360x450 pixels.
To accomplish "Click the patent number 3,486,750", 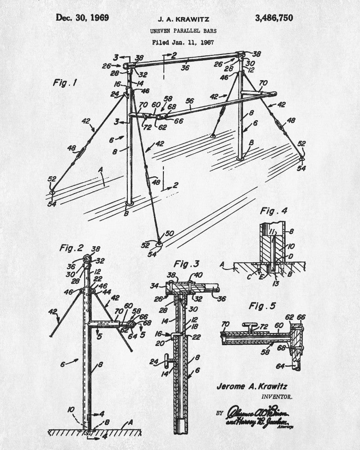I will pos(274,18).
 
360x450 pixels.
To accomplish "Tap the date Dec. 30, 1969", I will pos(82,18).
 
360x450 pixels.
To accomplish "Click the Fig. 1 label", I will pos(65,83).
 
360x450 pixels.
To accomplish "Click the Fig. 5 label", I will pos(263,306).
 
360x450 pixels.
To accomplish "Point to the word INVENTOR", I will pos(276,397).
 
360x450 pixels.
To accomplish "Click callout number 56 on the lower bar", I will pos(189,101).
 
